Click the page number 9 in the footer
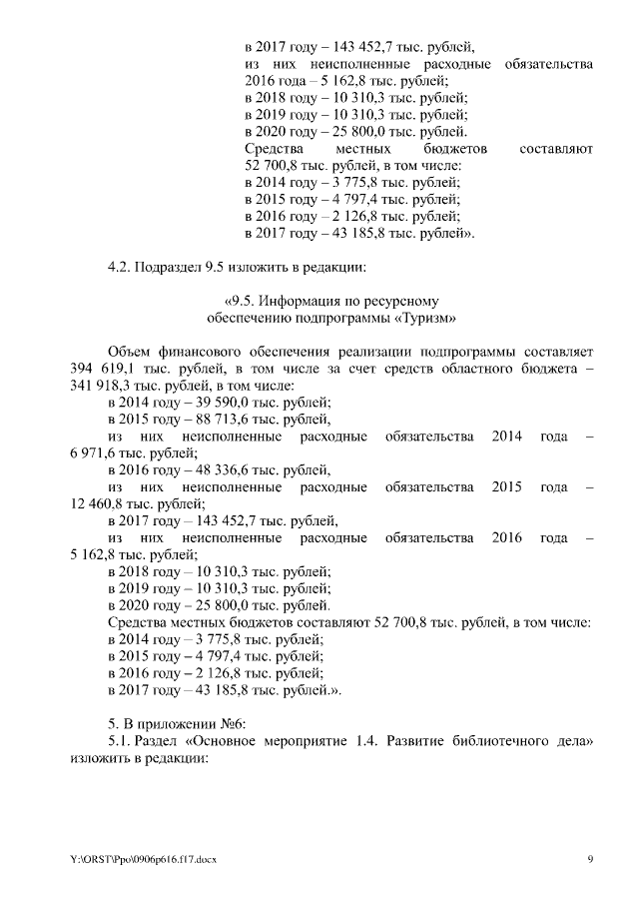590,859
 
